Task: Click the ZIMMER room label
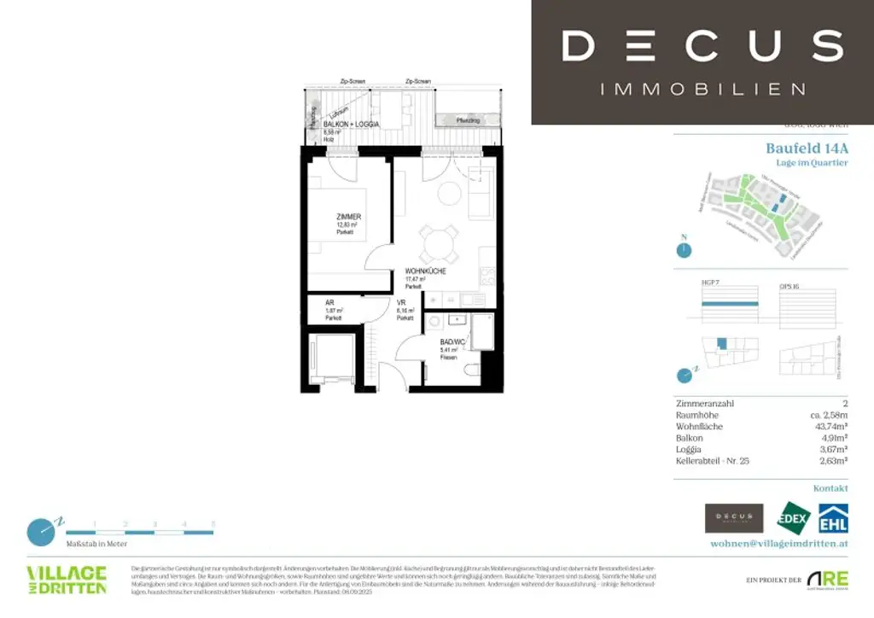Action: (348, 217)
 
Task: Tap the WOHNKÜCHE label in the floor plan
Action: (426, 271)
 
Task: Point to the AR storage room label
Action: (329, 302)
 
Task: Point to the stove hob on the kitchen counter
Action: (488, 276)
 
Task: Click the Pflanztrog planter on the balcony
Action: (467, 120)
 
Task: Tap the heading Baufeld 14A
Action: (807, 148)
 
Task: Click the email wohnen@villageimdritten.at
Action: (779, 543)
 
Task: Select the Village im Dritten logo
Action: (67, 579)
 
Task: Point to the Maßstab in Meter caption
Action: (96, 543)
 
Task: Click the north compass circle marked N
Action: (682, 250)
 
